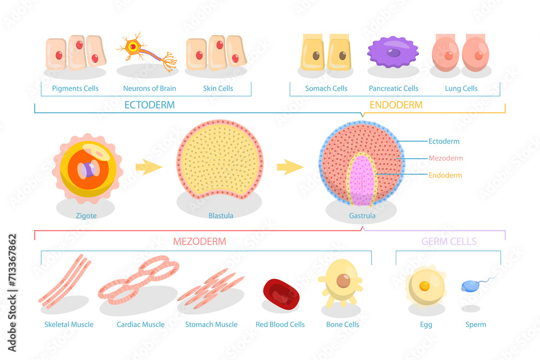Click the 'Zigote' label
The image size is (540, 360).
point(86,216)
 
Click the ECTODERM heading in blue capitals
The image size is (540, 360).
point(150,105)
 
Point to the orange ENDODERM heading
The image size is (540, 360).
point(396,105)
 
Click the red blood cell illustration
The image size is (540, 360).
point(281,295)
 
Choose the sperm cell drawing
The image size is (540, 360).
point(469,286)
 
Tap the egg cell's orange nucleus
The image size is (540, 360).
point(425,285)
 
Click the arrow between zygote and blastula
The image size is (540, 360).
point(148,167)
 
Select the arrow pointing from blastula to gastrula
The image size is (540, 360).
point(290,167)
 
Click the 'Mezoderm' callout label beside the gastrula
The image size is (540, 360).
point(446,158)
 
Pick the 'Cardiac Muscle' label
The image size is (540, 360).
point(140,324)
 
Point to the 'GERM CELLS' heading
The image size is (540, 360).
point(449,241)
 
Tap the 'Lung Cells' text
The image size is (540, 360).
point(461,89)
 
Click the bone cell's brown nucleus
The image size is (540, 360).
point(343,281)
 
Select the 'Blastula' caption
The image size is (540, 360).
point(221,216)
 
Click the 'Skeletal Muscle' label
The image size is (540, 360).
point(69,324)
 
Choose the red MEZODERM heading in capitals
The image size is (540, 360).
point(199,241)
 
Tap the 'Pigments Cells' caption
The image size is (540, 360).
point(75,89)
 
